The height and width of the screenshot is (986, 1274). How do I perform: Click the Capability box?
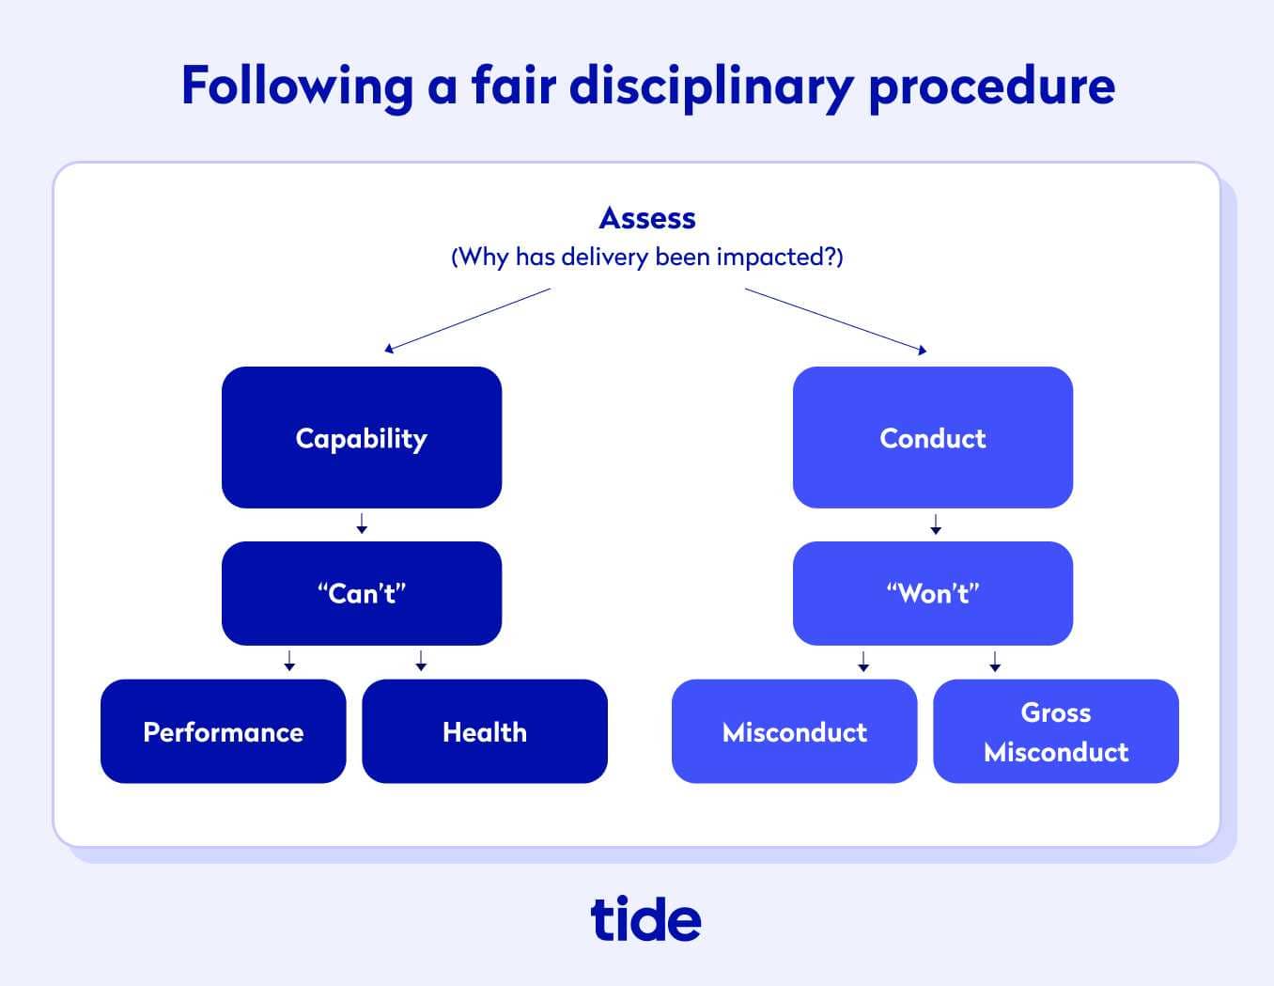(x=362, y=438)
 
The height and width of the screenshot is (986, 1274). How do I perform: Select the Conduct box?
(x=932, y=438)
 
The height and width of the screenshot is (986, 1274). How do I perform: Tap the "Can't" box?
(x=362, y=593)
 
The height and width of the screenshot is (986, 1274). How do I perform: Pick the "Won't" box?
(x=932, y=593)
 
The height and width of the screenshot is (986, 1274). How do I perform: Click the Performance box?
(x=223, y=731)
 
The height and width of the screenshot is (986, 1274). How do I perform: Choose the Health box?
(x=485, y=731)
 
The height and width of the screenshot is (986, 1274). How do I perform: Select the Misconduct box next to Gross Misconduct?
(x=794, y=731)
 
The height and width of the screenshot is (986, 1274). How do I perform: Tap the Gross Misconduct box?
(x=1055, y=731)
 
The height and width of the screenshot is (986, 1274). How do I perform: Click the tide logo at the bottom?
(x=645, y=918)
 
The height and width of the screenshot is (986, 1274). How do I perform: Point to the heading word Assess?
(x=647, y=218)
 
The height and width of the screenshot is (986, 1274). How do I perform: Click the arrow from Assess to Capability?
(x=467, y=321)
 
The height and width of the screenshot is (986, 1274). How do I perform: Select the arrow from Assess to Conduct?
(x=835, y=321)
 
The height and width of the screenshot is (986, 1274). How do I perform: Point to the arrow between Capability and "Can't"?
(x=362, y=524)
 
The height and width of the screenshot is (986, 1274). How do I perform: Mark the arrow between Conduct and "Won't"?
(x=935, y=524)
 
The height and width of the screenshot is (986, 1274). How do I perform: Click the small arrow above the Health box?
(x=421, y=661)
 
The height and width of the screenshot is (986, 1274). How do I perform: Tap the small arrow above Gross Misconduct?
(x=995, y=661)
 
